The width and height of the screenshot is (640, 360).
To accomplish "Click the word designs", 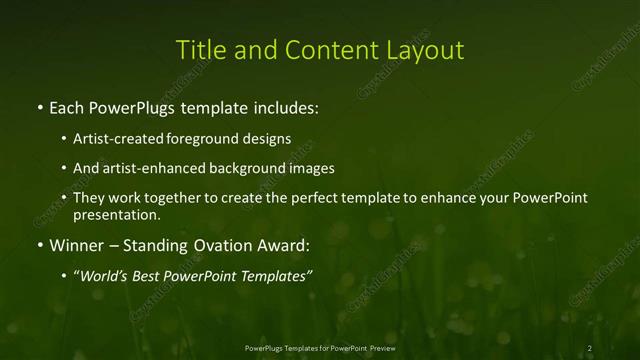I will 268,140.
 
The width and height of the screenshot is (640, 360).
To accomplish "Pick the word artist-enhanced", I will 148,169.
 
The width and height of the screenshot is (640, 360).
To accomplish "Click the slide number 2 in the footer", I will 590,347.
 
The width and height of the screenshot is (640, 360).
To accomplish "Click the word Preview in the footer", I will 378,347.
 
